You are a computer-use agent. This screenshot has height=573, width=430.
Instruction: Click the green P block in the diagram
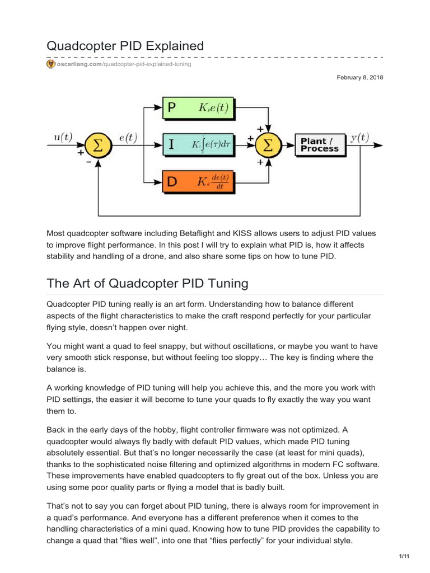(x=198, y=109)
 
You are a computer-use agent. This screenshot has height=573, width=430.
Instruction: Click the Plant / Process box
(x=319, y=145)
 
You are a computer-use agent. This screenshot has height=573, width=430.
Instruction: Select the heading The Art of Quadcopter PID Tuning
(x=147, y=283)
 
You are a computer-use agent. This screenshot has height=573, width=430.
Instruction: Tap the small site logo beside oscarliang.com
(x=50, y=64)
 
